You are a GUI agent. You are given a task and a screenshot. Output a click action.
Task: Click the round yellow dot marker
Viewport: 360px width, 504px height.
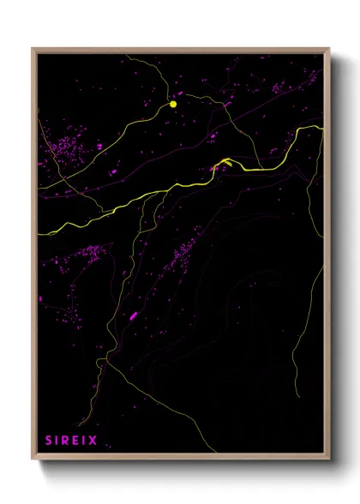[173, 104]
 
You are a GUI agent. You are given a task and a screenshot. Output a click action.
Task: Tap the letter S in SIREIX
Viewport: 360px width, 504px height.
[48, 441]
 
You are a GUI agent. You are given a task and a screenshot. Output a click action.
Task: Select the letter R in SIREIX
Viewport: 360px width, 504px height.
[67, 441]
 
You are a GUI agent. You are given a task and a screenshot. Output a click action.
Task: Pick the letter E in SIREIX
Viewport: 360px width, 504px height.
[76, 441]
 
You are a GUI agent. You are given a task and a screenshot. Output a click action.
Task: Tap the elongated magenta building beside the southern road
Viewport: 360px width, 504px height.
[134, 316]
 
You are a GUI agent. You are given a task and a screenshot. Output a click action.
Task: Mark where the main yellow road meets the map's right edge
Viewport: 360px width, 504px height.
[323, 129]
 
